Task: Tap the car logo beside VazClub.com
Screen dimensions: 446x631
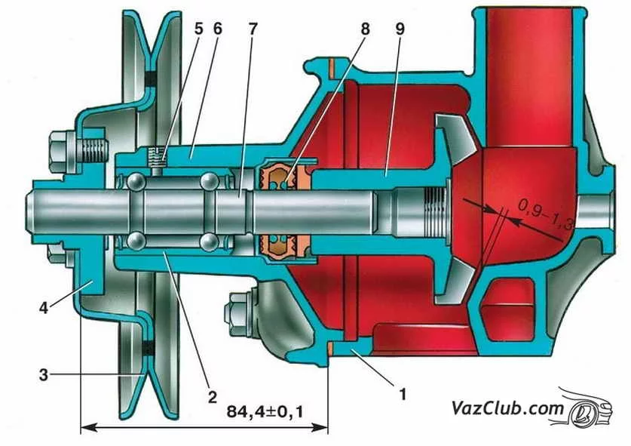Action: (596, 408)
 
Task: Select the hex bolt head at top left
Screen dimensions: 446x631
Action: (59, 150)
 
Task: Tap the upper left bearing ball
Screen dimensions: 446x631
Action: (135, 183)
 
